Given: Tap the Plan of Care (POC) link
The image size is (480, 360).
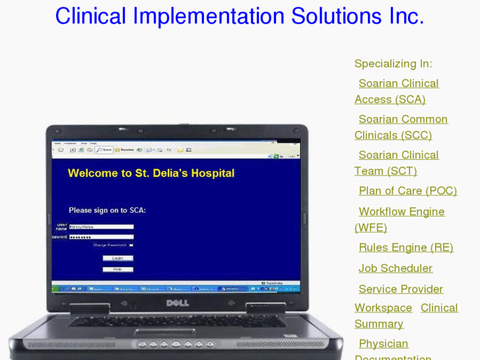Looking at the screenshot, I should [407, 191].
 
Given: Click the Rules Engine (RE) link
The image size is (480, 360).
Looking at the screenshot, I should [405, 248].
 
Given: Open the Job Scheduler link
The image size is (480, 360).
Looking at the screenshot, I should [395, 269].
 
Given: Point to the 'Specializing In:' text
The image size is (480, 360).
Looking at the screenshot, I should [393, 64].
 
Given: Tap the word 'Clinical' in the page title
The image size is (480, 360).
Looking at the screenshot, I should [90, 17].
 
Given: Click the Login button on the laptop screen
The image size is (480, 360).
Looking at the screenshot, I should [118, 258].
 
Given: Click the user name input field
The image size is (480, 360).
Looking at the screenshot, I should [101, 227].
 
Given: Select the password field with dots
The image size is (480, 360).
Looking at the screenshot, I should [101, 236].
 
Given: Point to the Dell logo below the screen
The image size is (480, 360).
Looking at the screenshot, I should [176, 303].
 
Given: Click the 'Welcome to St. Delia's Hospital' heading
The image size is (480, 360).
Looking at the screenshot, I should [151, 174].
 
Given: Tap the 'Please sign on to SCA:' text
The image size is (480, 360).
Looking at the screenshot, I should [107, 211].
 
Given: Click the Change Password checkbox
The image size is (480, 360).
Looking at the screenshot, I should [131, 245].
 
